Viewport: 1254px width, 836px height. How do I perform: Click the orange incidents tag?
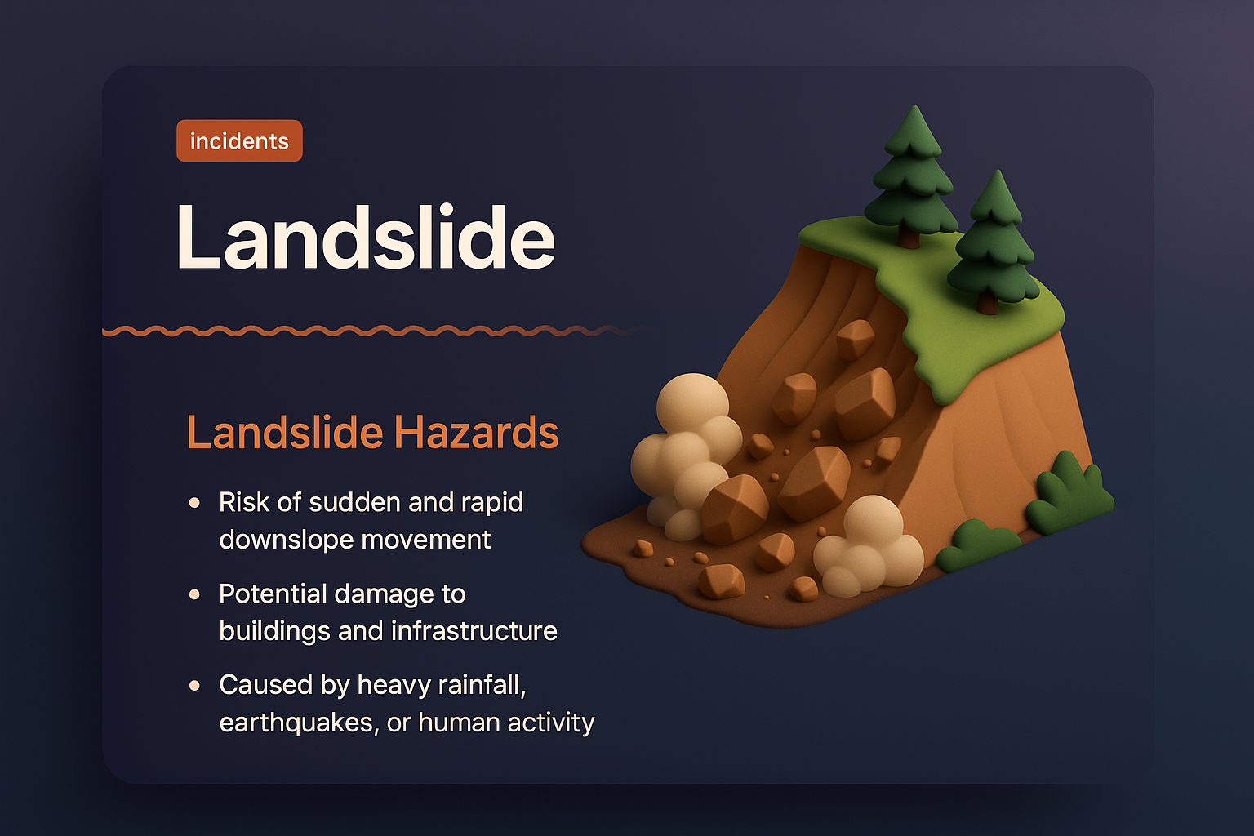239,141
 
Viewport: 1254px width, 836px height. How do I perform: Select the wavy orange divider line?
367,331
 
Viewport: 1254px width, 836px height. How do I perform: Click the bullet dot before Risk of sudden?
194,503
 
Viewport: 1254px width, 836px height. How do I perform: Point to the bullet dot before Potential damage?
194,594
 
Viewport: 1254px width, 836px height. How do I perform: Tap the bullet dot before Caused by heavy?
194,686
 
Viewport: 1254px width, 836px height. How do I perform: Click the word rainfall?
482,685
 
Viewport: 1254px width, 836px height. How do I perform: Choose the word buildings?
274,631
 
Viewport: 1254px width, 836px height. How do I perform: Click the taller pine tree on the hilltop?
912,171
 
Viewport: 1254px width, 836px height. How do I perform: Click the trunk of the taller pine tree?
909,236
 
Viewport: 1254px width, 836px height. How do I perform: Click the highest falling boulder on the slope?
855,339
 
